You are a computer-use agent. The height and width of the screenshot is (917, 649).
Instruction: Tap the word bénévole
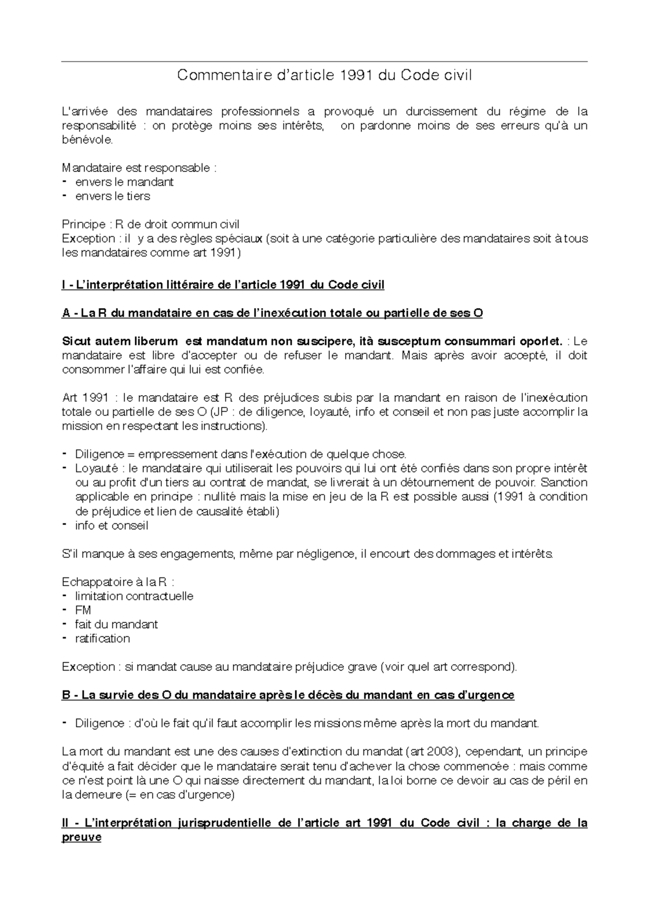[88, 140]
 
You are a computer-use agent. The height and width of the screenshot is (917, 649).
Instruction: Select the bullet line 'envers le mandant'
[124, 182]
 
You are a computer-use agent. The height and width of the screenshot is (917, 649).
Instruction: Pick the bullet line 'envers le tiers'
[112, 196]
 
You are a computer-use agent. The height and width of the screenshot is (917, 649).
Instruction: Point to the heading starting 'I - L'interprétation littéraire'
[223, 285]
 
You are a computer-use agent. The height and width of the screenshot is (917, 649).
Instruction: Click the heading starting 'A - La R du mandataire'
[272, 313]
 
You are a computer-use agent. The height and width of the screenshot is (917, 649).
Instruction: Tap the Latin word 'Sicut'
[77, 341]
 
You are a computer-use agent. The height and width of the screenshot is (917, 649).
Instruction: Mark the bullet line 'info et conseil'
[111, 526]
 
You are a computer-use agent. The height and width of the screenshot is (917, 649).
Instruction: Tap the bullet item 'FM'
[83, 610]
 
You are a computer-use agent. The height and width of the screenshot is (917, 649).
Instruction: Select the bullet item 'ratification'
[102, 639]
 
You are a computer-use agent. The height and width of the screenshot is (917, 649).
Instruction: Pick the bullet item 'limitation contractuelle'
[134, 596]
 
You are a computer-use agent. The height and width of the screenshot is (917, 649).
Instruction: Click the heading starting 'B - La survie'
[288, 695]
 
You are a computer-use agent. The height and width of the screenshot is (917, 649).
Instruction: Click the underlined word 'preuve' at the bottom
[82, 838]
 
